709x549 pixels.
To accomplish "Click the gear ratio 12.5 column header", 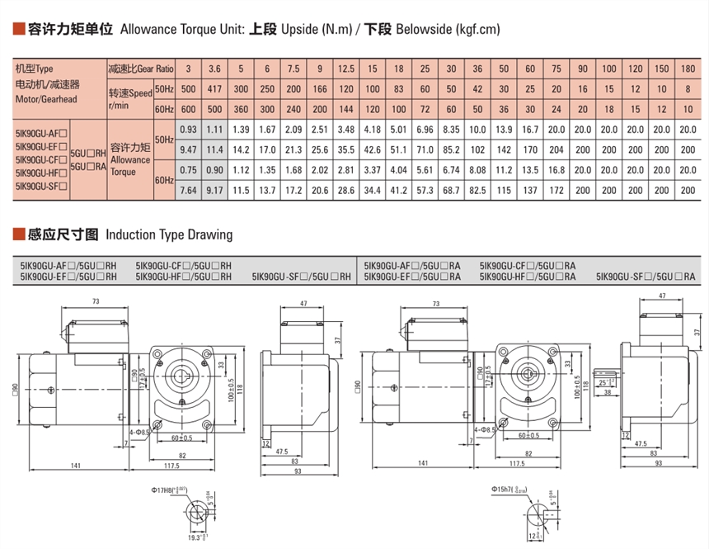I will coord(346,68).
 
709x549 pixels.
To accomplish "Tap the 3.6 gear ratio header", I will coord(214,68).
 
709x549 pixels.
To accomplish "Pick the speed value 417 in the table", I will coord(214,88).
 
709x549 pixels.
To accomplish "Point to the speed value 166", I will coord(320,88).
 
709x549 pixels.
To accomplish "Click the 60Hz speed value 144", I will coord(346,109).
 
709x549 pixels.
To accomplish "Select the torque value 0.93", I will coord(188,130).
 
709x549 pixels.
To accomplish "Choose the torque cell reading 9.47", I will coord(188,150).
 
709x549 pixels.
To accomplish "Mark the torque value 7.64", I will coord(188,191).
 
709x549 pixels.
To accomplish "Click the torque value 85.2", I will coord(451,150).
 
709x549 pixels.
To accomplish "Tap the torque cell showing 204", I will coord(556,150).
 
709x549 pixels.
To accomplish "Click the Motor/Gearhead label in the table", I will coord(45,100).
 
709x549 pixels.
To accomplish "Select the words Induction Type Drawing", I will coord(169,235).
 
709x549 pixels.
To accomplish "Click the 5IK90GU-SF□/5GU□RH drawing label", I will coord(302,277).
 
